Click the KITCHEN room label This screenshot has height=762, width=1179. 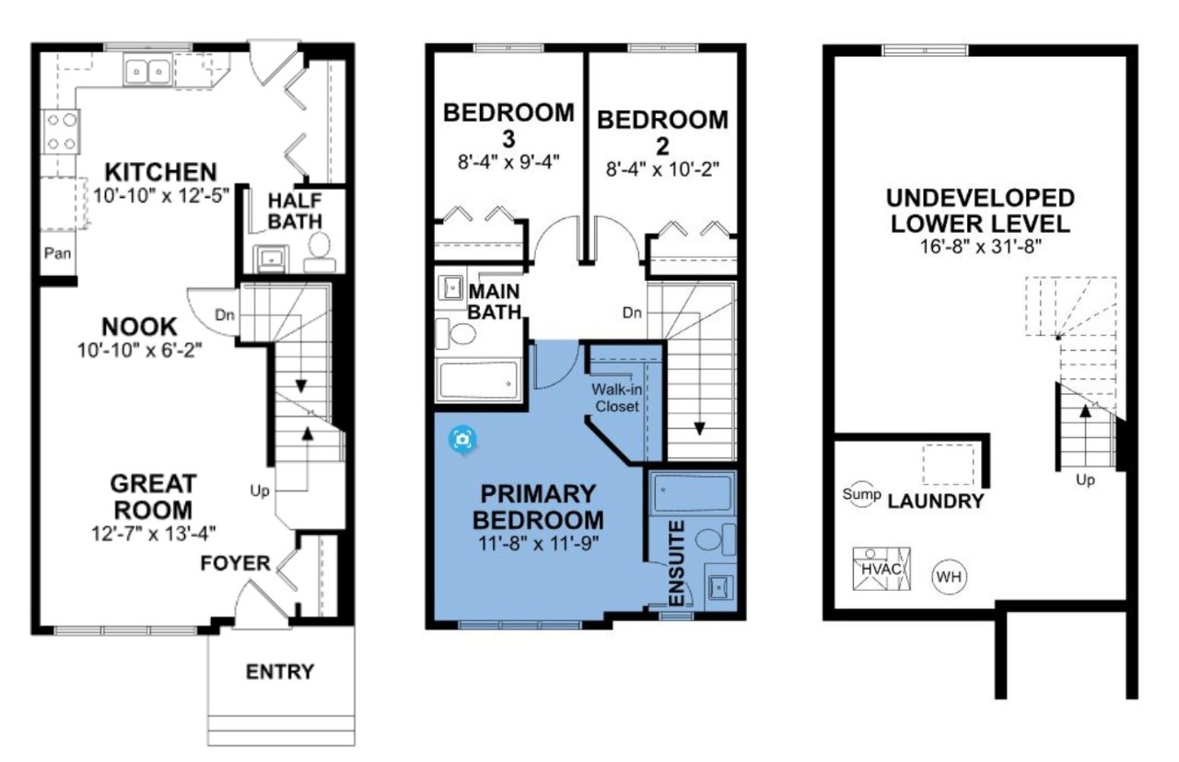point(160,172)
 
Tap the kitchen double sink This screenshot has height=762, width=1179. point(147,71)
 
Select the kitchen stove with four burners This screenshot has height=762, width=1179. point(61,132)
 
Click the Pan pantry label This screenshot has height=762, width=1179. point(57,253)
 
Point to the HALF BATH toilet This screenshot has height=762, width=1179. point(320,252)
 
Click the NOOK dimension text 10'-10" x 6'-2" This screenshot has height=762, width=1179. point(139,351)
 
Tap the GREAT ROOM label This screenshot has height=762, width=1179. point(153,497)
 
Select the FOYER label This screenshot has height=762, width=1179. point(235,564)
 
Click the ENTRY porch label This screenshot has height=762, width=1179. point(280,672)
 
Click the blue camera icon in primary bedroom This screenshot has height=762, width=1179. point(462,439)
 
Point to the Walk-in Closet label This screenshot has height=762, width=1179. point(617,398)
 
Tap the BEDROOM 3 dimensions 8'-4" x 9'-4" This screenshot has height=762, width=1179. point(508,162)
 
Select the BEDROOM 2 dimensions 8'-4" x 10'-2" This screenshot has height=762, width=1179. point(662,169)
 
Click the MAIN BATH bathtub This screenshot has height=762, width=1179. point(478,380)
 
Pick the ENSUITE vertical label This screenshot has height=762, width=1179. point(676,563)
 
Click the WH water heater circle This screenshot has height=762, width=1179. point(949,577)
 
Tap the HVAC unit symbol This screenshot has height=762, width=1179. point(881,569)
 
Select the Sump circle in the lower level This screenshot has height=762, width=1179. point(861,494)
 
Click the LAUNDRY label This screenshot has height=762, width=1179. point(935,502)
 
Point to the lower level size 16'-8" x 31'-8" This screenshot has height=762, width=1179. point(981,246)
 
